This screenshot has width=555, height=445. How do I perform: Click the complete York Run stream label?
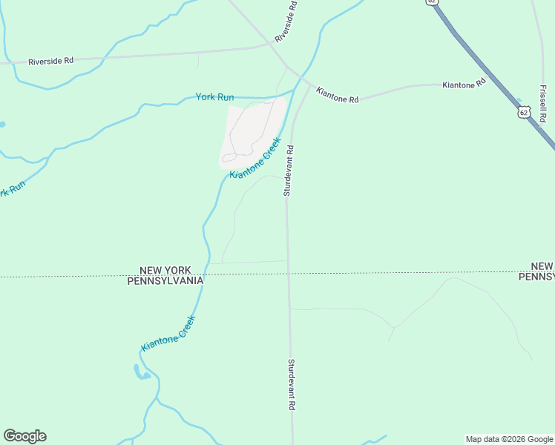214,97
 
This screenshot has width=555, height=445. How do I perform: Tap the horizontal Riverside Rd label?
51,62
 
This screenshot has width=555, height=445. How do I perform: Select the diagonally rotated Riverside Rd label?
286,22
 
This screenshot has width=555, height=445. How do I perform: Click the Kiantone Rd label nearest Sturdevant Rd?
337,95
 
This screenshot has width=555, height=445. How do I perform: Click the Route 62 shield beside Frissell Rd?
525,113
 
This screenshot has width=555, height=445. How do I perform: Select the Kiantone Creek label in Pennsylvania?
168,334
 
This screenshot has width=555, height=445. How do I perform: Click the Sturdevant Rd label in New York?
289,170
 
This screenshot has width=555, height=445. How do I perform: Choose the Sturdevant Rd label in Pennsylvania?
292,385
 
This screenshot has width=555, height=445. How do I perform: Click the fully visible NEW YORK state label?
165,270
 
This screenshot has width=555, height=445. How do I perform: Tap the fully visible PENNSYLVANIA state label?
165,281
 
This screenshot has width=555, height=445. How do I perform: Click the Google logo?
24,436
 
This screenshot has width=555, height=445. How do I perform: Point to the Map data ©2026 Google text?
509,439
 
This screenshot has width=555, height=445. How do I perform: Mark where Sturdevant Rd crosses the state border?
288,274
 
